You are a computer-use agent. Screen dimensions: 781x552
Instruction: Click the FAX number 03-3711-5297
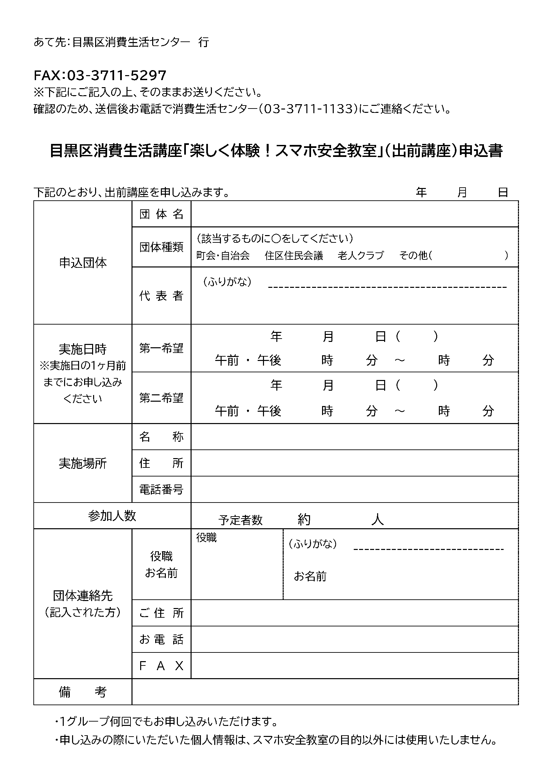116,75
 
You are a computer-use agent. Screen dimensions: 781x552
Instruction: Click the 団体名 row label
161,214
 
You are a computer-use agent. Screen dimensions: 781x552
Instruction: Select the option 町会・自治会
223,255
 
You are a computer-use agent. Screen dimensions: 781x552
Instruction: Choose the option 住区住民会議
294,255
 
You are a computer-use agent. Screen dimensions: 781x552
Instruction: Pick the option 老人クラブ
361,255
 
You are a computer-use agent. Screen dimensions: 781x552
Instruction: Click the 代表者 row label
161,296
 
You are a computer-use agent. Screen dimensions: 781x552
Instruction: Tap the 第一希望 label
161,348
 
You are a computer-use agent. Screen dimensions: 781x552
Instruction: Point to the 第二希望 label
161,398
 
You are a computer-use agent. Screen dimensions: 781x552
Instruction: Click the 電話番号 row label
161,490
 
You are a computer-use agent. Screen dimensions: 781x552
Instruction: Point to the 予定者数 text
240,520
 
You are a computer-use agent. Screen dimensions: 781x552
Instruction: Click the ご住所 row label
161,613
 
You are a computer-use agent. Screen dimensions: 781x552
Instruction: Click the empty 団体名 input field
354,214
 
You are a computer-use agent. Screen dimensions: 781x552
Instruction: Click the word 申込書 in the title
481,151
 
